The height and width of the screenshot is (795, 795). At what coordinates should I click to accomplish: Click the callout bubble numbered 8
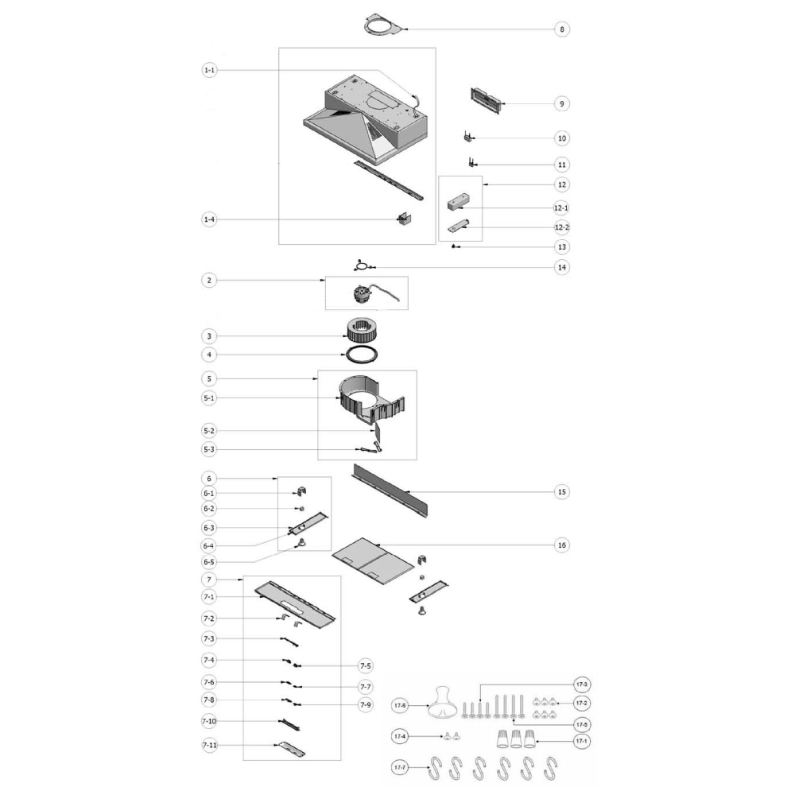tap(562, 29)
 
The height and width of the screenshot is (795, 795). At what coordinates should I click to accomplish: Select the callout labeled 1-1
tap(209, 70)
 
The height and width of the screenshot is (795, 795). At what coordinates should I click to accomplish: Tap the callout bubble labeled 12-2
tap(562, 227)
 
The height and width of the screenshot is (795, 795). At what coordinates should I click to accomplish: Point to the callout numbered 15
tap(562, 492)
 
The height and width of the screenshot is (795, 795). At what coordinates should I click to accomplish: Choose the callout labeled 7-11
tap(209, 745)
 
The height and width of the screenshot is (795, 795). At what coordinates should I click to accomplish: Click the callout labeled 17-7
tap(400, 768)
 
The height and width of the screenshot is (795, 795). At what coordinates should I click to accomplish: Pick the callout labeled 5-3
tap(209, 449)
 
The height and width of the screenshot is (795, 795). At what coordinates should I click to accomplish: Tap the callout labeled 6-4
tap(208, 546)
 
